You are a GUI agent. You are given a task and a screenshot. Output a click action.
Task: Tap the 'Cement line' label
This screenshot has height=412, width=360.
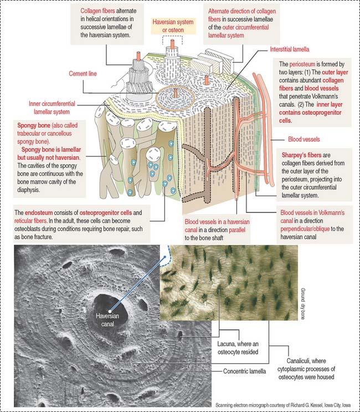tap(85, 73)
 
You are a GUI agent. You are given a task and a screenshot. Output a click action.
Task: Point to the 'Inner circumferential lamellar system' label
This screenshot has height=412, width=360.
tap(52, 106)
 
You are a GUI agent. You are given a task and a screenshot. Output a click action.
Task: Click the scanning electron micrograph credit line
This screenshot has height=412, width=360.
tap(285, 405)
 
